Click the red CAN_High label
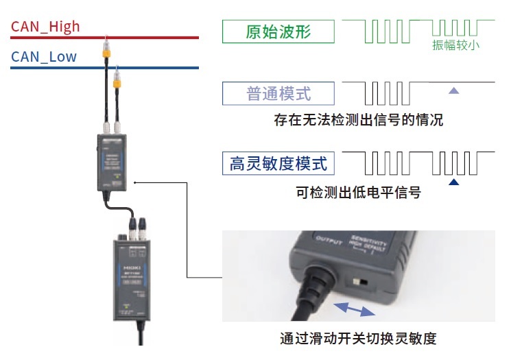45,27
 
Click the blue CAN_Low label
44,57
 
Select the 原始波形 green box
278,32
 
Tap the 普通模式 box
278,93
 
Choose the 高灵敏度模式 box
278,163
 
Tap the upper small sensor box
111,163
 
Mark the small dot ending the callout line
137,182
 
